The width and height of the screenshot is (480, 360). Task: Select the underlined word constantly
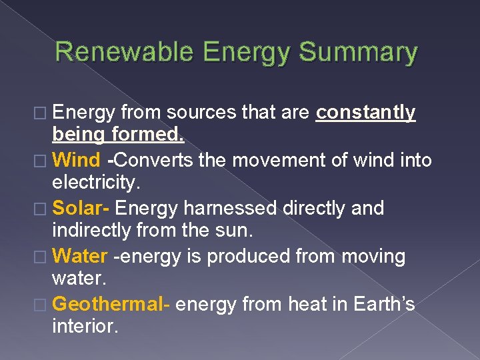[366, 113]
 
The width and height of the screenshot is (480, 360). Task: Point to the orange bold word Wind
[76, 161]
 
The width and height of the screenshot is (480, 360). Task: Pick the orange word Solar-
[81, 209]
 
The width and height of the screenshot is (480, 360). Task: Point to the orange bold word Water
[79, 257]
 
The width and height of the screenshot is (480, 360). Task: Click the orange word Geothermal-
[111, 305]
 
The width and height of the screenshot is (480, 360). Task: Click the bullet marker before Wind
[43, 161]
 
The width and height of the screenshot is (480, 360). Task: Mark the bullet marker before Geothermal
[43, 305]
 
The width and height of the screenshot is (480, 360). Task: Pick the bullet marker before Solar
[43, 209]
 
